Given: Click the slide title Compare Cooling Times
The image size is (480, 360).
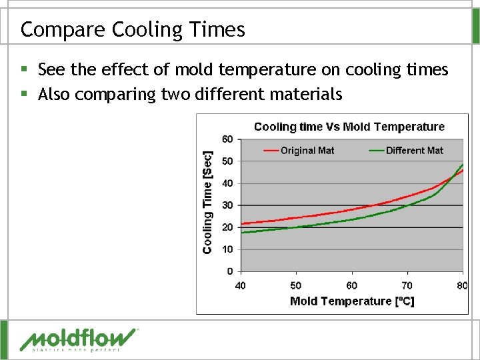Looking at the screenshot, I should (133, 29).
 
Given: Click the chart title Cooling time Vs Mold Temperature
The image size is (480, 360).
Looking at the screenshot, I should (349, 127).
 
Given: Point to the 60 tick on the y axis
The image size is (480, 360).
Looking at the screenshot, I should (227, 139).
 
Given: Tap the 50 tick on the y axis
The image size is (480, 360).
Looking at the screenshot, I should (227, 161).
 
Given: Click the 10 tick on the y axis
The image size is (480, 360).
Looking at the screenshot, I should (227, 249).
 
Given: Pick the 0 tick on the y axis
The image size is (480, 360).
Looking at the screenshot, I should (230, 271).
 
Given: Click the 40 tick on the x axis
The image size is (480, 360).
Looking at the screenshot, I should (240, 285).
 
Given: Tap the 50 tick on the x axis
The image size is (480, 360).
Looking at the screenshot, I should (296, 285).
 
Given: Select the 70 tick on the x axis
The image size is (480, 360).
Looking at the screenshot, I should (407, 285).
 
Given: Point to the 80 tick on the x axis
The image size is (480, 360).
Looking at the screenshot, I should (462, 285).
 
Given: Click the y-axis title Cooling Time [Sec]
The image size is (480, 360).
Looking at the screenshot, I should (207, 201).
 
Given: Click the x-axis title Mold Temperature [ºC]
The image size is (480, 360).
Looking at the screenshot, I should (352, 301).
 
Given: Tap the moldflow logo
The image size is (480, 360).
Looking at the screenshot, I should (79, 339).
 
